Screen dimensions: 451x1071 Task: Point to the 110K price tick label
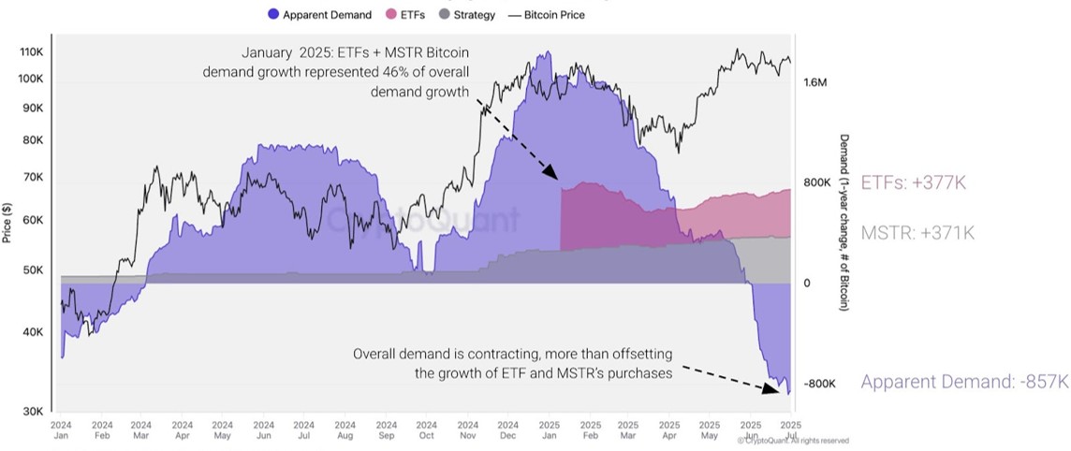click(x=31, y=51)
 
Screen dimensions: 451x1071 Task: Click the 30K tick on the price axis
click(x=33, y=412)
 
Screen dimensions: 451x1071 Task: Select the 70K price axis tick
click(x=33, y=178)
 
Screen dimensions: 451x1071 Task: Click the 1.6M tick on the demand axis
click(x=814, y=82)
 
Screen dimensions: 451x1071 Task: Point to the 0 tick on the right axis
click(x=807, y=283)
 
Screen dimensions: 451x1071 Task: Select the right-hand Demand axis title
click(x=844, y=222)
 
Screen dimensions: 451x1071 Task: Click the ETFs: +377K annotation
click(x=912, y=183)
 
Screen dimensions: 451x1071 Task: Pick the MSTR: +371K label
click(x=917, y=233)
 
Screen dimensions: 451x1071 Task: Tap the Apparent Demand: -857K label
click(x=963, y=382)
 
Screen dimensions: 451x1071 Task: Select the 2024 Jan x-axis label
click(x=61, y=430)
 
